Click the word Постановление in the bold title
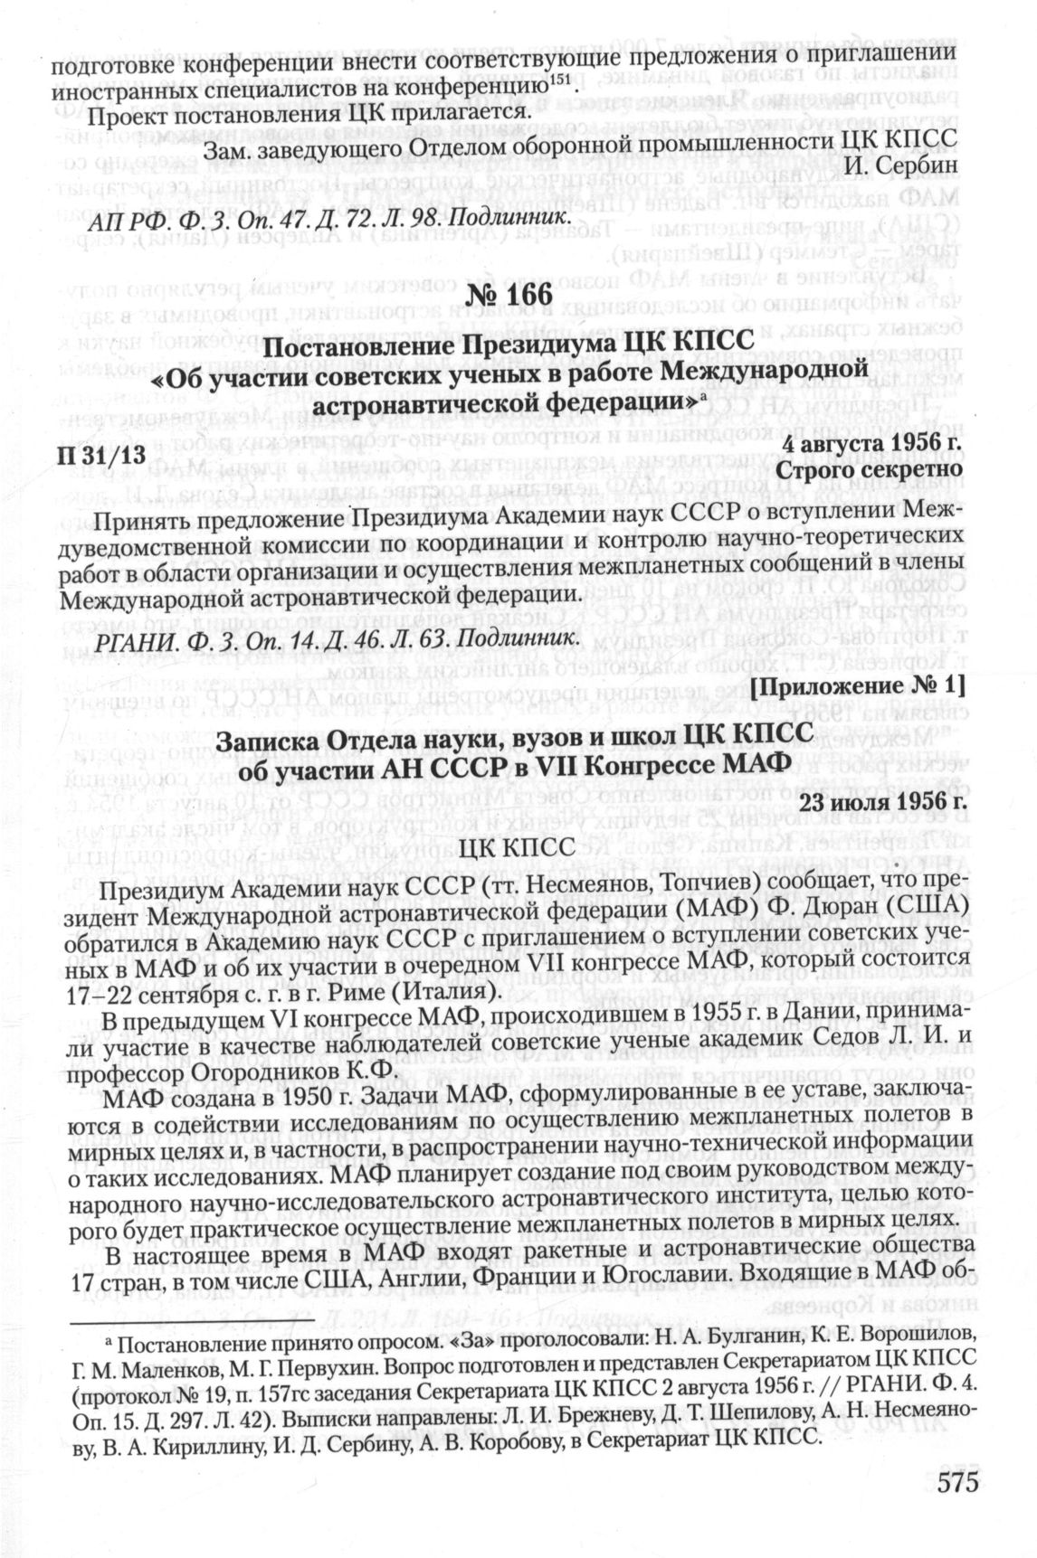click(x=361, y=344)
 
